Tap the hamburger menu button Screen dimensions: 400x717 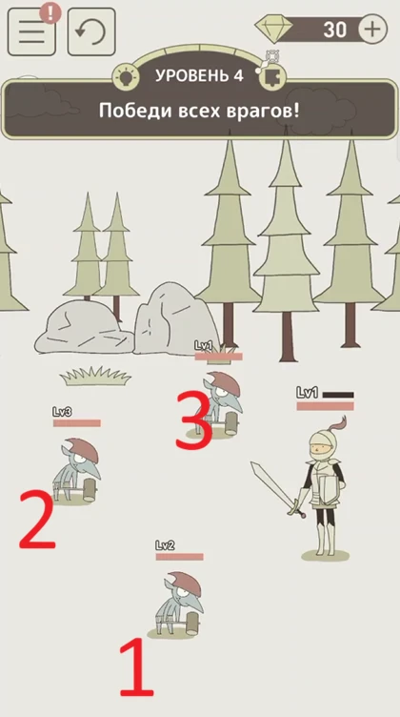click(x=31, y=31)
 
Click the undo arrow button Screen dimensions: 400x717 click(x=91, y=31)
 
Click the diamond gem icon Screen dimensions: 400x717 click(x=273, y=29)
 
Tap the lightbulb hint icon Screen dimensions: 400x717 click(x=126, y=76)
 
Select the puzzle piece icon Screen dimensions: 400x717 click(x=273, y=76)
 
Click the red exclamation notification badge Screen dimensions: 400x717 click(x=50, y=12)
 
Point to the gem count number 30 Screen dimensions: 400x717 click(x=334, y=30)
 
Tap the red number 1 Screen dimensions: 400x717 click(x=136, y=667)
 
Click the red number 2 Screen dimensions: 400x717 click(x=37, y=520)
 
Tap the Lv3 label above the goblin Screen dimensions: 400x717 click(x=62, y=412)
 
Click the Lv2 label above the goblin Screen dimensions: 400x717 click(x=165, y=545)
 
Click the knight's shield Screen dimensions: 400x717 click(x=329, y=488)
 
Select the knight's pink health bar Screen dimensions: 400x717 click(x=325, y=406)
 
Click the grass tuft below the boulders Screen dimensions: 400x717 click(x=95, y=376)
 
